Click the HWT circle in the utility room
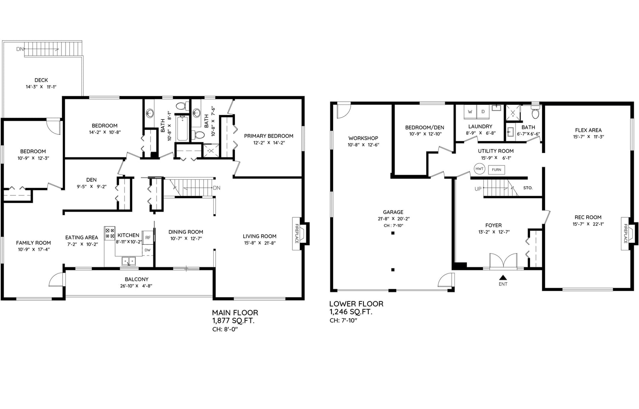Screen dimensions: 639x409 479,169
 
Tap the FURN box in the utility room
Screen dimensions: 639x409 496,170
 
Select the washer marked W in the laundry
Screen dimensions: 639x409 470,112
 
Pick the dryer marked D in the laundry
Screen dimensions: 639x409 483,112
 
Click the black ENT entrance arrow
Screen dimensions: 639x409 503,277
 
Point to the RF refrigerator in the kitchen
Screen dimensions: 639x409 148,238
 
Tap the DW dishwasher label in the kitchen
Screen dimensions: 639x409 147,250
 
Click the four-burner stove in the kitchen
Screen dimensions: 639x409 110,233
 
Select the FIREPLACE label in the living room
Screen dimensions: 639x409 297,234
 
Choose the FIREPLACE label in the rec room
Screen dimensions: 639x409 625,234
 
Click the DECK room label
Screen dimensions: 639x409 41,80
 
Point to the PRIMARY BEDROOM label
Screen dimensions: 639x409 268,136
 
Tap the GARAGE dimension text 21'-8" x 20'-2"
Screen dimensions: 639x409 393,219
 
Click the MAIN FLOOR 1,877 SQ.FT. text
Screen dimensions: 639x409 235,317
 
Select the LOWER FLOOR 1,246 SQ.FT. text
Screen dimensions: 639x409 356,308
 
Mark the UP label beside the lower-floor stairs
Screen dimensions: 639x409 478,189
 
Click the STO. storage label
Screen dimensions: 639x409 528,188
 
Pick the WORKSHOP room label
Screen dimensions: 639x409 363,138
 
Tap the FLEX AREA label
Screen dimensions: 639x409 588,130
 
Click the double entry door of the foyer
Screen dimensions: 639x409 503,261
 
